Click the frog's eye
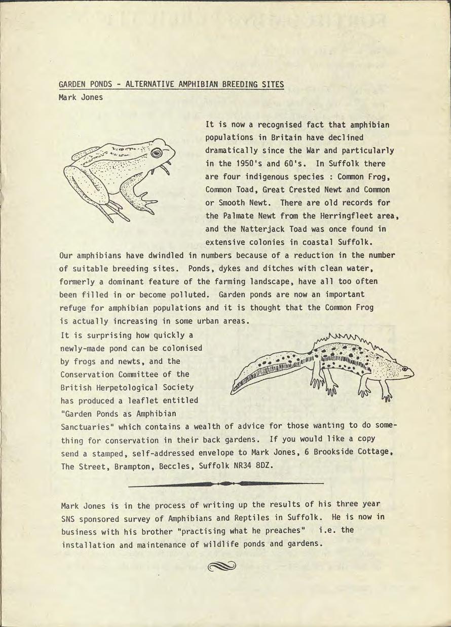(157, 152)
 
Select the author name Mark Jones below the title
(81, 97)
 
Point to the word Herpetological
(125, 387)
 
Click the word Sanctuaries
(86, 426)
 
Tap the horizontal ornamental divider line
(226, 484)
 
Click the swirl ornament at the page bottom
(221, 566)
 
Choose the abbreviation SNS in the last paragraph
(68, 519)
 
